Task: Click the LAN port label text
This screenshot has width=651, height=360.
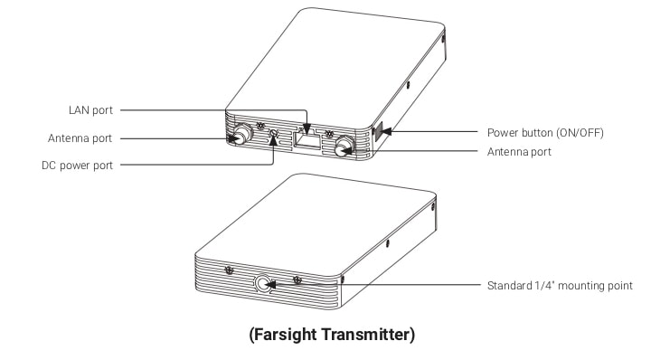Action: click(90, 110)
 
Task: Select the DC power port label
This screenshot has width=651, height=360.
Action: click(77, 166)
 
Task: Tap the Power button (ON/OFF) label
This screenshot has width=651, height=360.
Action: click(545, 133)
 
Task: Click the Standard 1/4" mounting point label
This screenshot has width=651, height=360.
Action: click(560, 286)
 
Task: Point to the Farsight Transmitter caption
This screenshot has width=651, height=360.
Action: click(332, 335)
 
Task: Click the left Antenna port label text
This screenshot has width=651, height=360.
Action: click(80, 138)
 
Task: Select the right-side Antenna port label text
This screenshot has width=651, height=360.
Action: click(519, 152)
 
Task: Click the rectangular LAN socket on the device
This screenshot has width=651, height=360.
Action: click(307, 139)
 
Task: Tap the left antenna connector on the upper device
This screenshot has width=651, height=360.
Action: click(241, 133)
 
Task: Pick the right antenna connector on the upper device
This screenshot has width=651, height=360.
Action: click(344, 146)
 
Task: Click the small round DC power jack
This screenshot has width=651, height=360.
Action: click(274, 133)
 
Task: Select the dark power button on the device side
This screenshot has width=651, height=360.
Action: click(379, 132)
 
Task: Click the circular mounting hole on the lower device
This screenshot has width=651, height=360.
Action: click(263, 284)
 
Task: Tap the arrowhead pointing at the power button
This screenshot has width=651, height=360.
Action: click(386, 132)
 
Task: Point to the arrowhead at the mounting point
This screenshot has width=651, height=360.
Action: click(270, 285)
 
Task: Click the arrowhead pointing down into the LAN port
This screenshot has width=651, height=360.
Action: click(307, 129)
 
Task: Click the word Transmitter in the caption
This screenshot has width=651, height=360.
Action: click(367, 335)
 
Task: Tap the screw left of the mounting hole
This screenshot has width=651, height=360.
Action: click(229, 270)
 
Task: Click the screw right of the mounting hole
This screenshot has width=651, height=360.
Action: click(297, 279)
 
